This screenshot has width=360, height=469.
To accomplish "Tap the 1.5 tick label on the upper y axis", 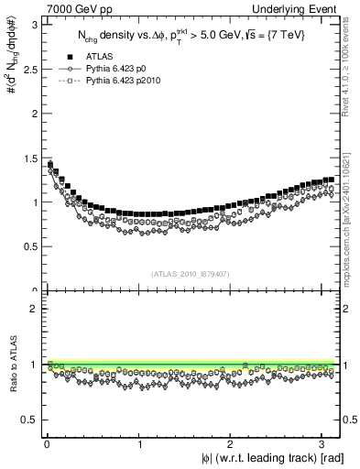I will pyautogui.click(x=28, y=157).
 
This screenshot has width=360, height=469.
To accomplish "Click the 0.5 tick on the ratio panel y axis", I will pyautogui.click(x=28, y=420).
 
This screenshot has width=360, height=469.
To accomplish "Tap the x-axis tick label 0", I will pyautogui.click(x=47, y=444).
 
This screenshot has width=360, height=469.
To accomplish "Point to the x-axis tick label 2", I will pyautogui.click(x=233, y=444).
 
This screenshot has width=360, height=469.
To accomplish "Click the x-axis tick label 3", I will pyautogui.click(x=325, y=444).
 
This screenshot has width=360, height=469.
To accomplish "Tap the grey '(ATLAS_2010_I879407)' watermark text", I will pyautogui.click(x=191, y=272).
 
